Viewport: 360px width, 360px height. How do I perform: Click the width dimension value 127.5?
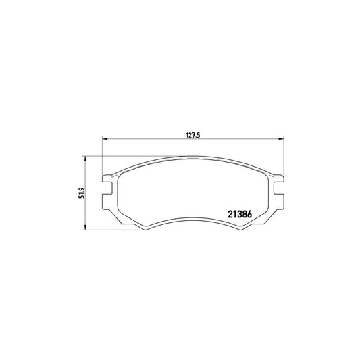coord(193,135)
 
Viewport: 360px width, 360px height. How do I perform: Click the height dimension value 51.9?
coord(82,193)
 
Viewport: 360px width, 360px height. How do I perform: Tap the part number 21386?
coord(240,214)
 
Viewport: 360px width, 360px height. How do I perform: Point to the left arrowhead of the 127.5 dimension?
coord(105,138)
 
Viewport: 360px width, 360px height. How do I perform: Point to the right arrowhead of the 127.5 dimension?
coord(281,138)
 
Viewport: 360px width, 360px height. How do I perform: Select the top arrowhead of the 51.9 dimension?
coord(85,159)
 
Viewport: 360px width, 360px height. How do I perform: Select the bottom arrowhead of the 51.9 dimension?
coord(85,227)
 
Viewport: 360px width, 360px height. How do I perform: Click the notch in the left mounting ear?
coord(108,188)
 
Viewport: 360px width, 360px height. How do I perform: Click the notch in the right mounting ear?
coord(278,188)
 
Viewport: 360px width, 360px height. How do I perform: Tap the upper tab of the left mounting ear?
coord(107,179)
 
